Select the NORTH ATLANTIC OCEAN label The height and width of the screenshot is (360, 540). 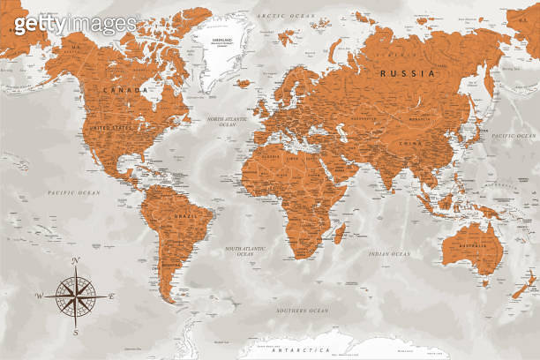coord(221,122)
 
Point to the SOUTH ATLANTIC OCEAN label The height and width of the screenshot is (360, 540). coord(245,252)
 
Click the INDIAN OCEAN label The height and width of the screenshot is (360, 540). coord(390,254)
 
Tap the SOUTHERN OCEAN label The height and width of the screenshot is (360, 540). coord(302,311)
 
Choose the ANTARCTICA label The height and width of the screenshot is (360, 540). coord(297,350)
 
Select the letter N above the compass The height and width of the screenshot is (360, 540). coord(76,259)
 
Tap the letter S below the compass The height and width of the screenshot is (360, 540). coord(76,333)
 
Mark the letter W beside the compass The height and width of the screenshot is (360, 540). coord(39,296)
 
